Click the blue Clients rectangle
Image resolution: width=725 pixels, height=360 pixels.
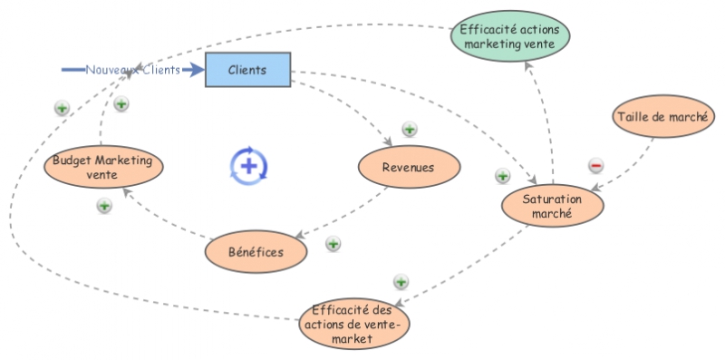pos(247,70)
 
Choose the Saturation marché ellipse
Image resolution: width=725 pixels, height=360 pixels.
pos(553,206)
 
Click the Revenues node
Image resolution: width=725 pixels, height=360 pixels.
pos(409,167)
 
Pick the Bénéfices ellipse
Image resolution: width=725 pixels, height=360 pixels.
pos(256,252)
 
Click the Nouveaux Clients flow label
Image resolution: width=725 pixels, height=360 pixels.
pos(132,70)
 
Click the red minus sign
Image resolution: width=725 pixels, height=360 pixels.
pos(595,165)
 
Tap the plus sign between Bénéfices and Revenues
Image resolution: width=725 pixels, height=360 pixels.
pos(333,244)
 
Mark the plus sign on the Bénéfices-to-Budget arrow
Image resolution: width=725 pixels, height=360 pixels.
pos(104,206)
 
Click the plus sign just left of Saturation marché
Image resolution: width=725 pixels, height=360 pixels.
pos(502,176)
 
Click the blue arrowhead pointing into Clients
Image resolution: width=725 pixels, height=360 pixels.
pos(197,70)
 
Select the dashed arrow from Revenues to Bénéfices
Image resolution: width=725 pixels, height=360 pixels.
pos(344,214)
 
